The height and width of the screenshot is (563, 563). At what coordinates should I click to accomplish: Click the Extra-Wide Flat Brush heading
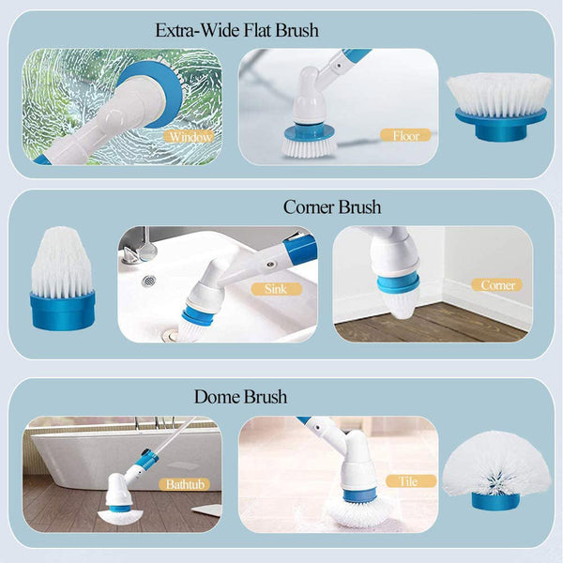pyautogui.click(x=236, y=31)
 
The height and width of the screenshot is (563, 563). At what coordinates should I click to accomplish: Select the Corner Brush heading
pyautogui.click(x=332, y=206)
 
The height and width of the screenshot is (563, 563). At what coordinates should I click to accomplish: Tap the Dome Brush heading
pyautogui.click(x=241, y=397)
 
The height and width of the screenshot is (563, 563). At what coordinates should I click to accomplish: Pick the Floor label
pyautogui.click(x=405, y=135)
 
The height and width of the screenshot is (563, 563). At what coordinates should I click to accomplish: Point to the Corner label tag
pyautogui.click(x=498, y=284)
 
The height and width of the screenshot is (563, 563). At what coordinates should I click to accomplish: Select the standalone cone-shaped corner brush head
pyautogui.click(x=61, y=278)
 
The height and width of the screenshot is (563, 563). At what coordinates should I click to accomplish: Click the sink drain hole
pyautogui.click(x=147, y=281)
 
